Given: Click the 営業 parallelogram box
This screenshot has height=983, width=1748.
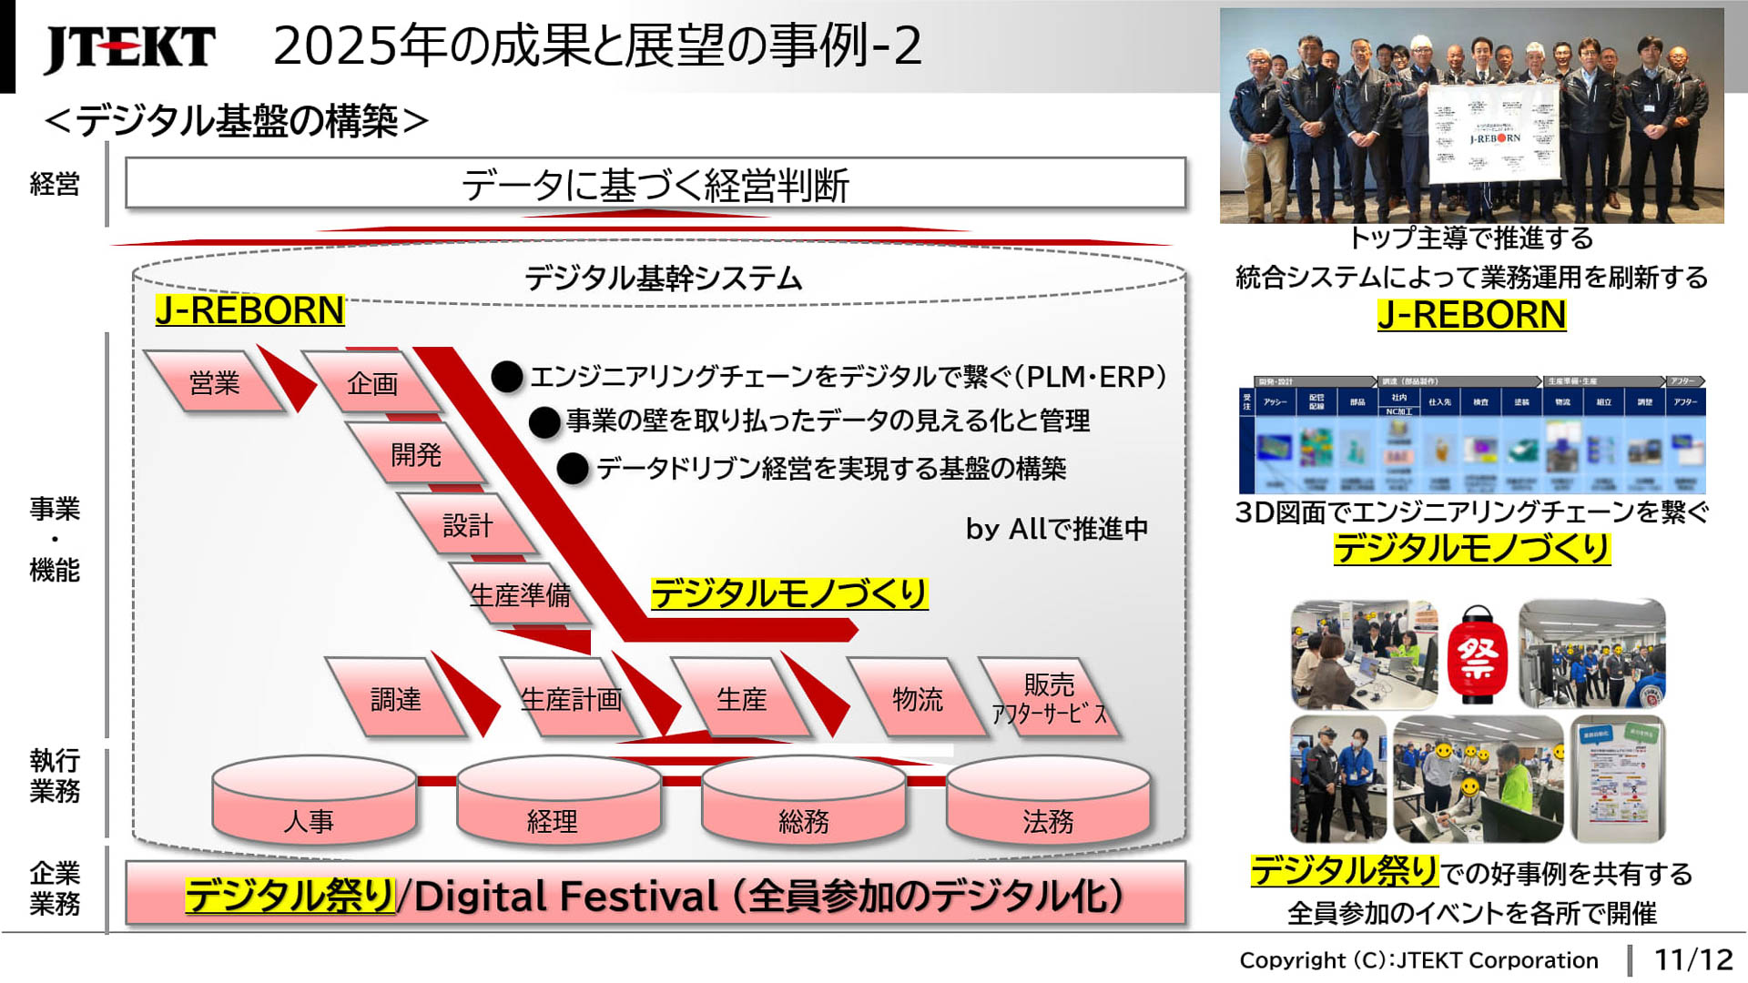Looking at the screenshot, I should pos(215,383).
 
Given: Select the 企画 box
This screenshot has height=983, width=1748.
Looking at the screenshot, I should pos(372,383).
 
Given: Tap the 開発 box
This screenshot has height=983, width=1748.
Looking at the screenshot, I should pos(416,453).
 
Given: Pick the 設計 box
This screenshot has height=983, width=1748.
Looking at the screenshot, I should pos(467,525).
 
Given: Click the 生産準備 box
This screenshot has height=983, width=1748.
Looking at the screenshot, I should pos(520,594).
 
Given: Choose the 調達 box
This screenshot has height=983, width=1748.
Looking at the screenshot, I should pos(396,699).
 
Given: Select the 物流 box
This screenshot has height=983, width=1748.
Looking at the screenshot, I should pos(918,699).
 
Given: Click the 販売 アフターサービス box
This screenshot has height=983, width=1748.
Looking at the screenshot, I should pos(1050,699).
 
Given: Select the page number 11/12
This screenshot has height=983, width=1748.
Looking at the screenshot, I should pos(1692,959).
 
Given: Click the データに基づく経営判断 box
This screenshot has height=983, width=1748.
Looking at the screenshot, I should pos(655,185).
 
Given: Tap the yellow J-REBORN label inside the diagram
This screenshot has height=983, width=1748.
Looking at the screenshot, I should pos(249,310).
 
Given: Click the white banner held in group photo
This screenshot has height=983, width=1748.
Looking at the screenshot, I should pos(1494,134).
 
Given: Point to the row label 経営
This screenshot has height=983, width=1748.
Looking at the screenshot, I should pos(55,184).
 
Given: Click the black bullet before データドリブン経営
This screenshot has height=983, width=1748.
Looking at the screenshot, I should pos(573,468).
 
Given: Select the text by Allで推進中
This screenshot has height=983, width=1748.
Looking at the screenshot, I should pos(1056,529).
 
